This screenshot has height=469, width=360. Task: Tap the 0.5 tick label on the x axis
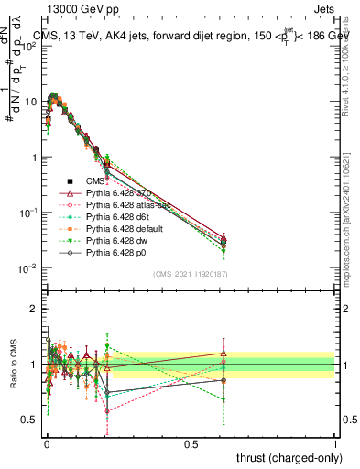[x=191, y=444]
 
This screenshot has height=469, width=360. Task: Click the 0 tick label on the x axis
[x=47, y=444]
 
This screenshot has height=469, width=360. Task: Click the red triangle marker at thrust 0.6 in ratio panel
[x=223, y=353]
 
